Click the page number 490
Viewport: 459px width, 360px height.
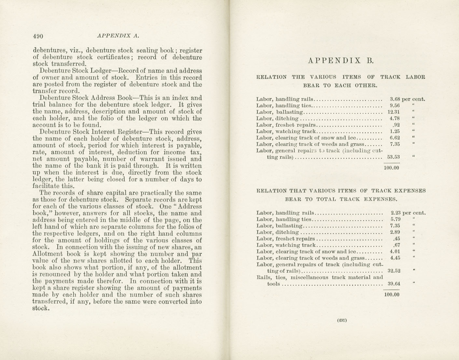point(38,36)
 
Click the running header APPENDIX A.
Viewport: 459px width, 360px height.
point(118,36)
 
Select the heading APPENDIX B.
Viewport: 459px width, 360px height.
point(341,60)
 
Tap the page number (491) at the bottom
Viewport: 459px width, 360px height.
point(342,320)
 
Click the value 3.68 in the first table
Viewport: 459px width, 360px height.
point(395,99)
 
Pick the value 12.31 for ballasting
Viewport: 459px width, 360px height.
point(394,112)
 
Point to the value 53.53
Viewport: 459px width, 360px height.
point(394,157)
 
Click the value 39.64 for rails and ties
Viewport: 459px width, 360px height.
point(394,284)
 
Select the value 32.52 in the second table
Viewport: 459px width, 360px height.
point(394,271)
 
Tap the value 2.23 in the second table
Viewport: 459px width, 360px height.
point(395,213)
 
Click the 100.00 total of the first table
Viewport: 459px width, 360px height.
point(392,168)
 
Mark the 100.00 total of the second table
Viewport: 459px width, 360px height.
point(392,295)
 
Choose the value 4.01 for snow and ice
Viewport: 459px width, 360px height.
point(395,252)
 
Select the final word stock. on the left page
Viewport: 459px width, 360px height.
point(41,309)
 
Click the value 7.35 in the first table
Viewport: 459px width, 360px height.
point(395,144)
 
